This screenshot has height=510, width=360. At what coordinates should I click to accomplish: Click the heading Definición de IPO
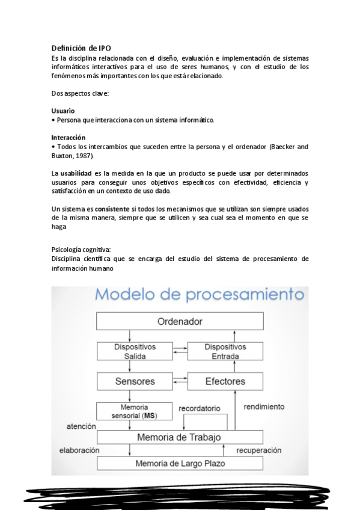click(81, 48)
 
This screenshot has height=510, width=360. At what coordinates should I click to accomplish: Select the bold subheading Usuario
click(63, 111)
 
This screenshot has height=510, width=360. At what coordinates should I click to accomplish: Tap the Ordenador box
click(180, 321)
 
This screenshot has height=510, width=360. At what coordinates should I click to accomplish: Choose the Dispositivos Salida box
click(135, 352)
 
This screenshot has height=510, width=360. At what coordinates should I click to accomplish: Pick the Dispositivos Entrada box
click(225, 352)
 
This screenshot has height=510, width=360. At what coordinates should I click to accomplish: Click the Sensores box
click(135, 381)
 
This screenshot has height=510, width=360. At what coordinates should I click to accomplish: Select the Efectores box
click(225, 381)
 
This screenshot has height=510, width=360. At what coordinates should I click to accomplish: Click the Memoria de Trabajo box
click(179, 437)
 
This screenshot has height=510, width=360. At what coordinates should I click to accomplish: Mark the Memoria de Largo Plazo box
click(179, 463)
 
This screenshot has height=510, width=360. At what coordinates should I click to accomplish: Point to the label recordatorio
click(200, 409)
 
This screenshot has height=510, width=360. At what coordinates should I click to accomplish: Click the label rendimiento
click(264, 407)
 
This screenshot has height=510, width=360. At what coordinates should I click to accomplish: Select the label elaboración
click(79, 450)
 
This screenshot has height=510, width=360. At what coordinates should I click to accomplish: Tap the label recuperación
click(258, 450)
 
